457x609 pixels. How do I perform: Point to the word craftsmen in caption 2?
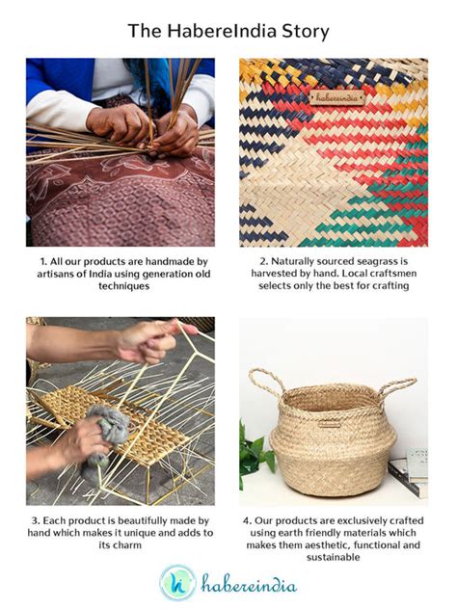pos(381,274)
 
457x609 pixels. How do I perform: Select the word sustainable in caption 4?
pos(334,558)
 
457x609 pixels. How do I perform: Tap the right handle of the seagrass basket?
pos(398,388)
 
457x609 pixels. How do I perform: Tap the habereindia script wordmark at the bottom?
pos(249,583)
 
